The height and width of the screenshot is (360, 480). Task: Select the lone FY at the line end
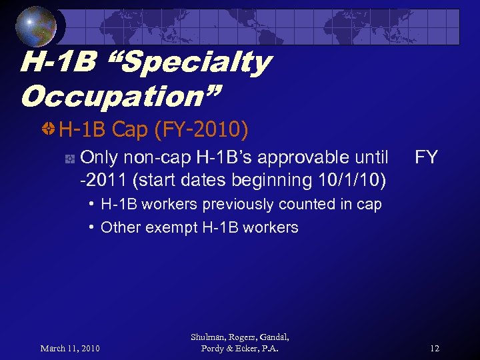pyautogui.click(x=426, y=158)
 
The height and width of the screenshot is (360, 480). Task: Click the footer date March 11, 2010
pyautogui.click(x=70, y=348)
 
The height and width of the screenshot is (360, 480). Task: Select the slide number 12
pyautogui.click(x=435, y=348)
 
